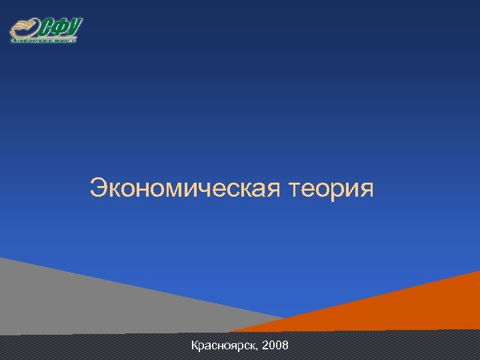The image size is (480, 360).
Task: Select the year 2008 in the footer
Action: tap(276, 346)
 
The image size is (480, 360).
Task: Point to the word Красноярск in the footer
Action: tap(225, 346)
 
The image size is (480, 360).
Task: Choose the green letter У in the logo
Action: tap(74, 27)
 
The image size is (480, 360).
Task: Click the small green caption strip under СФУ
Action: tap(43, 40)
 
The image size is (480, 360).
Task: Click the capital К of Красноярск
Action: tap(195, 345)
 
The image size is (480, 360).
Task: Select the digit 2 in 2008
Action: tap(266, 346)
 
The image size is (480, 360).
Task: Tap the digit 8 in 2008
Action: tap(285, 346)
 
